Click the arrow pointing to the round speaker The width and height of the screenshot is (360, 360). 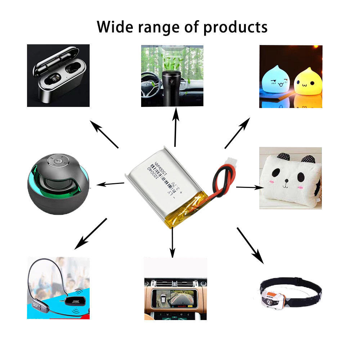pos(112,184)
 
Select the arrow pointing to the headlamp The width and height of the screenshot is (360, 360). pos(250,245)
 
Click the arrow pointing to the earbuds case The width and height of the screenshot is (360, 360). pos(104,135)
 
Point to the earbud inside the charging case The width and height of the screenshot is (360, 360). pos(54,77)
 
